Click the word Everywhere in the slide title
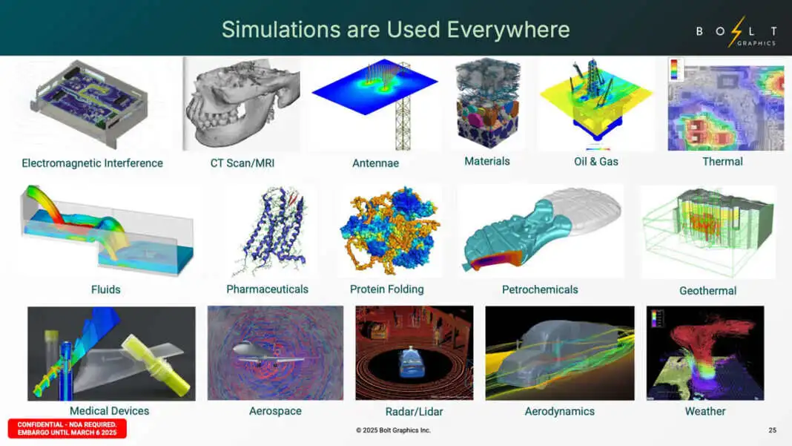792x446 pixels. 508,30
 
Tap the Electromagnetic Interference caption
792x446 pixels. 93,163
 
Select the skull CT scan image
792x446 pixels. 242,103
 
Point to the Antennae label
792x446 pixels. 375,163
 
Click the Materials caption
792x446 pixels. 487,161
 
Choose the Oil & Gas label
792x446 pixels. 596,162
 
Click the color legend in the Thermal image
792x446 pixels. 674,70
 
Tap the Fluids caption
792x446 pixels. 105,289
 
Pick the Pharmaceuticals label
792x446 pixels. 267,289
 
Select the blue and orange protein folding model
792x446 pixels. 389,231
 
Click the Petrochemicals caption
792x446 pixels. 540,289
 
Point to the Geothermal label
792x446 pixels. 707,291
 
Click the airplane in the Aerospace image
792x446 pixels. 268,352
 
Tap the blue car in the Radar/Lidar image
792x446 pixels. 412,363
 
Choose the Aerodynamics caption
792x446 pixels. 560,412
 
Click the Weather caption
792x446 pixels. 705,412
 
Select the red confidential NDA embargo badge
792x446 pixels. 67,429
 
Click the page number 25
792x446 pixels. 772,430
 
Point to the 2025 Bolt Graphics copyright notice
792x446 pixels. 393,430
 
